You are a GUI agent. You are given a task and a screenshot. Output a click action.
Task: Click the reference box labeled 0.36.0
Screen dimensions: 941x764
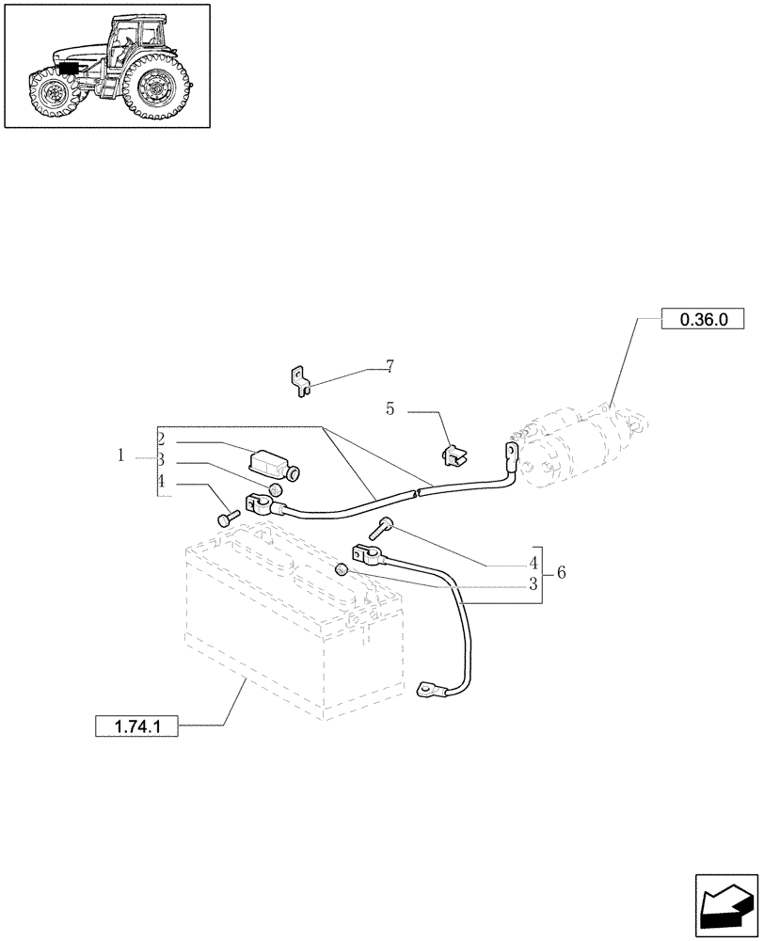tap(703, 320)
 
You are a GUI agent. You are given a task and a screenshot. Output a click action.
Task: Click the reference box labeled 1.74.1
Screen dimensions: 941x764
tap(136, 726)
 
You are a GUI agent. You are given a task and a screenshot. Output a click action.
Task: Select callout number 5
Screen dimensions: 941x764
tap(390, 409)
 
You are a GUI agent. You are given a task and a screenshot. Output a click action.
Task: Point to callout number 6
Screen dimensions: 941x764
tap(561, 572)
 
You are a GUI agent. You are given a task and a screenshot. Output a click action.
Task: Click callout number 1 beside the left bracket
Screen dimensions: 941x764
tap(121, 455)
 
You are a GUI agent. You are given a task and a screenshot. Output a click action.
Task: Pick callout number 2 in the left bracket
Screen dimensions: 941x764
tap(162, 439)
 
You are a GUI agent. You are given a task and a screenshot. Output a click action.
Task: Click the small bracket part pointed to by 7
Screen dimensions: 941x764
tap(299, 380)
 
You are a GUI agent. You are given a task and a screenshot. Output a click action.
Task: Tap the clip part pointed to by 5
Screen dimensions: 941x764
tap(453, 455)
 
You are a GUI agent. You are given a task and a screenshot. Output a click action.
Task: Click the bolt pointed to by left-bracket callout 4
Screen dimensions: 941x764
tap(227, 518)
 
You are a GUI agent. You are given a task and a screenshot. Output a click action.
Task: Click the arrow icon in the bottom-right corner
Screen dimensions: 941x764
tap(726, 905)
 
